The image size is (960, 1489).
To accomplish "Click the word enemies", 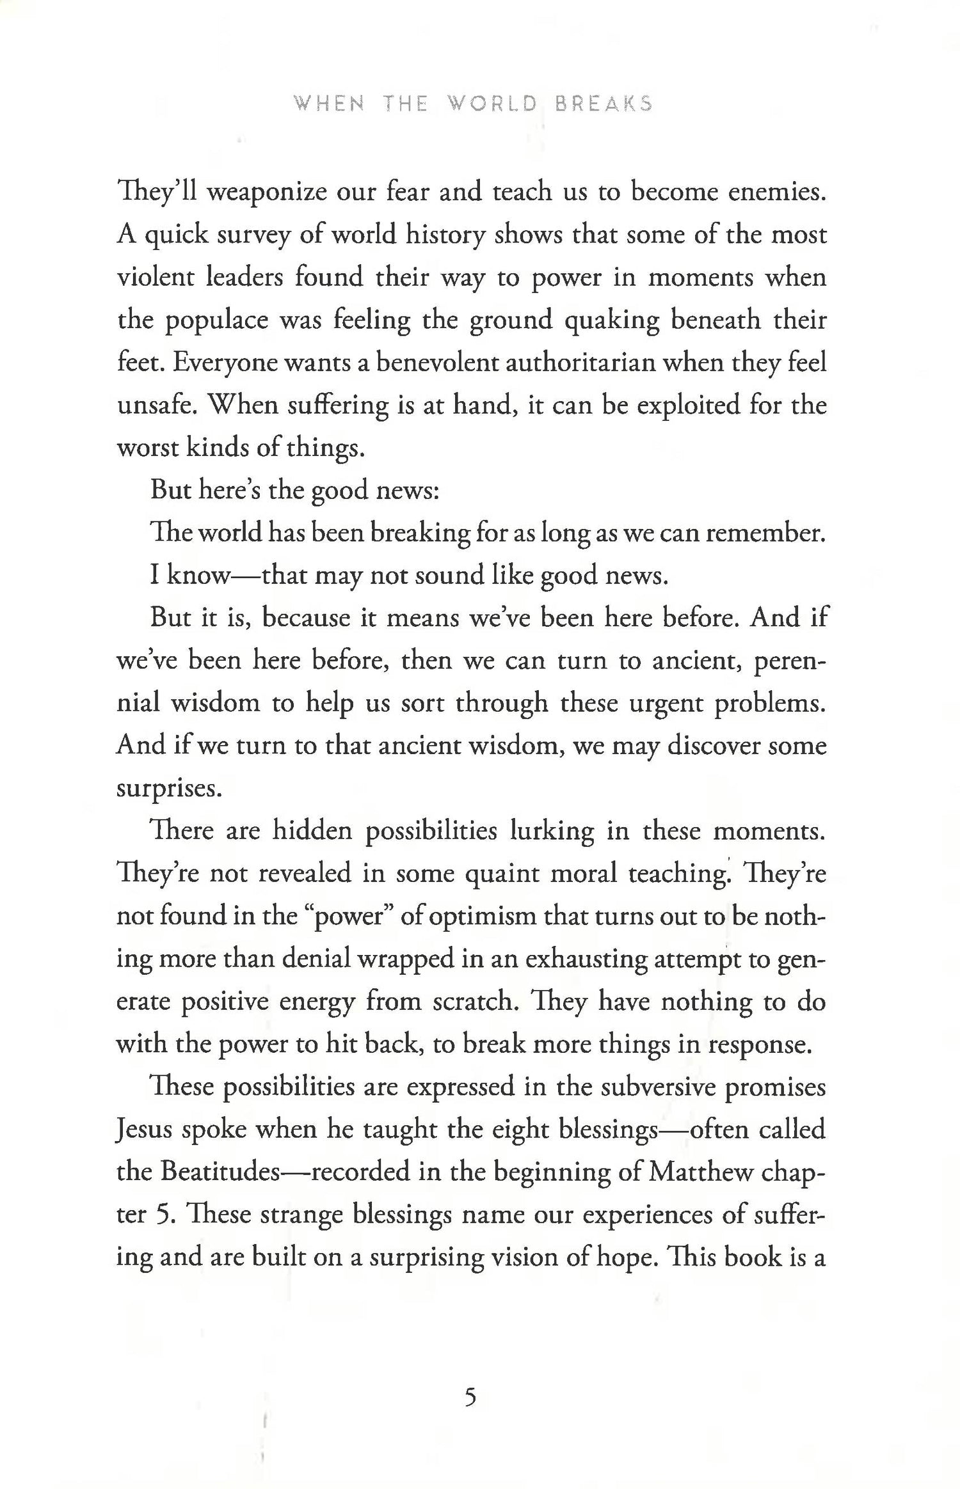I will tap(777, 192).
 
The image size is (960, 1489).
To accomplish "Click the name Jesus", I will tap(145, 1130).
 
